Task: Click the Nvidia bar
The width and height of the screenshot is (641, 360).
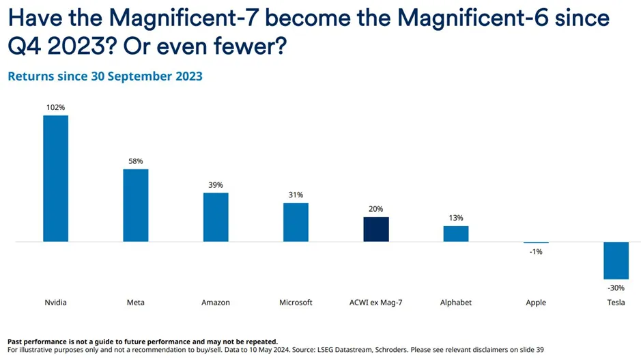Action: pyautogui.click(x=55, y=178)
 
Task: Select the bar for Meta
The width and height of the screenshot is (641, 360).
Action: pyautogui.click(x=135, y=205)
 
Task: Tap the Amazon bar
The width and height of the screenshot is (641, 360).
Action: pyautogui.click(x=216, y=217)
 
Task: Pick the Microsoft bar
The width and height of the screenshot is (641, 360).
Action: pyautogui.click(x=296, y=222)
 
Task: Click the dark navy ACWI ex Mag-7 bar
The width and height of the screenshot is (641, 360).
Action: pyautogui.click(x=376, y=230)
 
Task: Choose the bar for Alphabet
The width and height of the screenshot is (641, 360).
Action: pyautogui.click(x=456, y=234)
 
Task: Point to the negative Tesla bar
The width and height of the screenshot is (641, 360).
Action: pyautogui.click(x=616, y=260)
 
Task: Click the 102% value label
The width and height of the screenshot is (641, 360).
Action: pyautogui.click(x=55, y=107)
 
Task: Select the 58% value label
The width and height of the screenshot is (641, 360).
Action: pyautogui.click(x=135, y=161)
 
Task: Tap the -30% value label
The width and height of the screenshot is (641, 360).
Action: pyautogui.click(x=616, y=288)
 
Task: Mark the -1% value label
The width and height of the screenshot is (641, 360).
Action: pyautogui.click(x=536, y=252)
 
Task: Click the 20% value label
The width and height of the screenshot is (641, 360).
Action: pyautogui.click(x=376, y=209)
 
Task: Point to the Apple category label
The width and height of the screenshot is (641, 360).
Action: pyautogui.click(x=536, y=303)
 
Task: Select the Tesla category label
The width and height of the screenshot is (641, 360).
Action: pyautogui.click(x=616, y=303)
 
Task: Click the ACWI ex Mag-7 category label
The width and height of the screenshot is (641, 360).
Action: pyautogui.click(x=376, y=303)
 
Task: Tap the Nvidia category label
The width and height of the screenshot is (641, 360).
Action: pyautogui.click(x=55, y=303)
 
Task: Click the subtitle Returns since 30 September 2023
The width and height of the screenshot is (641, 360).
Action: pyautogui.click(x=105, y=77)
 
